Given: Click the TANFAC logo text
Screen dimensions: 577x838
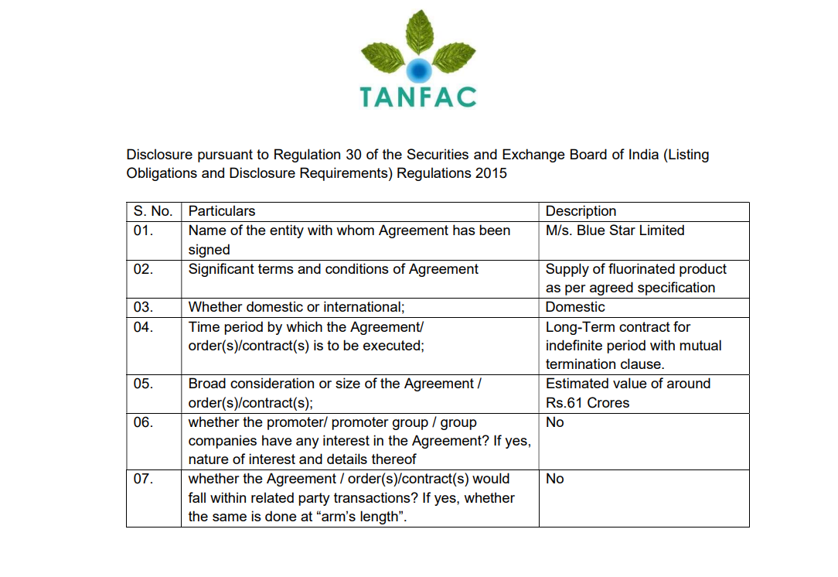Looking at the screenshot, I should click(418, 96).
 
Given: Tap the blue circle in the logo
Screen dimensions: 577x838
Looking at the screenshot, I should click(418, 70).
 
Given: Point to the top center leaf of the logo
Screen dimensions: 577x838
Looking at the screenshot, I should click(419, 33).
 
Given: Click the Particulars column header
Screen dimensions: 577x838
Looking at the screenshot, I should click(222, 211).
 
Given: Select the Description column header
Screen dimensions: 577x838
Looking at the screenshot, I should click(581, 211).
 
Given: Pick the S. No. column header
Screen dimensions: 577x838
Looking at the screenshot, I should click(153, 211).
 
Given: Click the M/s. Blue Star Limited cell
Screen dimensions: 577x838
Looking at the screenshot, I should click(615, 230).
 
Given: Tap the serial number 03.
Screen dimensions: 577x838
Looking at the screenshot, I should click(143, 307).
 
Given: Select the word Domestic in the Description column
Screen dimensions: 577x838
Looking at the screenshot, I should click(575, 307).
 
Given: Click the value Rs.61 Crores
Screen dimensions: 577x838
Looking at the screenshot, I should click(588, 403).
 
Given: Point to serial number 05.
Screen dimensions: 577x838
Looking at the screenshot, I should click(143, 384).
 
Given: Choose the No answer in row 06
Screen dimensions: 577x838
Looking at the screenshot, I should click(554, 422).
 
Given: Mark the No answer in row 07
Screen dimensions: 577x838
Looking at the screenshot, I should click(554, 479).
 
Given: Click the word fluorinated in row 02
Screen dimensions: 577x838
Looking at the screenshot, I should click(626, 269).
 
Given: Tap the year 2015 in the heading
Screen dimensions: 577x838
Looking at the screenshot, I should click(491, 173).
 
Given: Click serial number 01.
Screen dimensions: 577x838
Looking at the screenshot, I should click(143, 230).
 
